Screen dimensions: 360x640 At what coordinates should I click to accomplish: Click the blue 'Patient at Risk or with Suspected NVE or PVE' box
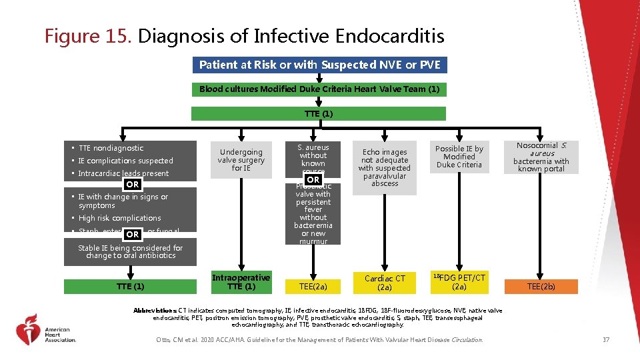(x=319, y=65)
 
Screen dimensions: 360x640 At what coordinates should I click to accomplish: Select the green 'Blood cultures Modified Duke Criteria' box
(x=319, y=89)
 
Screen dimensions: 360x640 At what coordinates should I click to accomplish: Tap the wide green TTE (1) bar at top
(x=319, y=113)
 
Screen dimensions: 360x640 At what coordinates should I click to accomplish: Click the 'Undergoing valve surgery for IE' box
(x=241, y=160)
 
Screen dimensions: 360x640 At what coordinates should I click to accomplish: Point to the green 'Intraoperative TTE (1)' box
(x=241, y=282)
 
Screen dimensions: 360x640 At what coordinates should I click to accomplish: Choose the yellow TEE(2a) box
(x=313, y=287)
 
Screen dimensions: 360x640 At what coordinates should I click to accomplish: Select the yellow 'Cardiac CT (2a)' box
(x=385, y=283)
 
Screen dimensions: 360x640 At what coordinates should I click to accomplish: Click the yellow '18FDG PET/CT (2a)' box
(x=459, y=282)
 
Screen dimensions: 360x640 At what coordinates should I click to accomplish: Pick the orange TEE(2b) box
(x=541, y=287)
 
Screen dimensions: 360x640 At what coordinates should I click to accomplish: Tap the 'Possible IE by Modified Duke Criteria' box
(x=459, y=157)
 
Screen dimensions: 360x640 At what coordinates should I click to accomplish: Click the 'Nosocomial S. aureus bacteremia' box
(x=541, y=157)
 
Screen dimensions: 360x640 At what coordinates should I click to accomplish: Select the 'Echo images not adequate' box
(x=385, y=167)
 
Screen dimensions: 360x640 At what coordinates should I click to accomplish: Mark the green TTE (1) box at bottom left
(x=130, y=287)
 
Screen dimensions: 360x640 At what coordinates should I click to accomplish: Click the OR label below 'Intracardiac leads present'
(x=133, y=184)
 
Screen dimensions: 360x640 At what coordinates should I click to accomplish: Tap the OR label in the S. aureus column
(x=313, y=179)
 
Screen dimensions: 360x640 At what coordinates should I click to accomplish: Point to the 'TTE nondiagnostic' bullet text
(x=111, y=148)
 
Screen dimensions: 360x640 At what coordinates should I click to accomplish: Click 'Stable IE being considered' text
(x=130, y=251)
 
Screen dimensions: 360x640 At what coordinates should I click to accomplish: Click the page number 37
(x=605, y=341)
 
